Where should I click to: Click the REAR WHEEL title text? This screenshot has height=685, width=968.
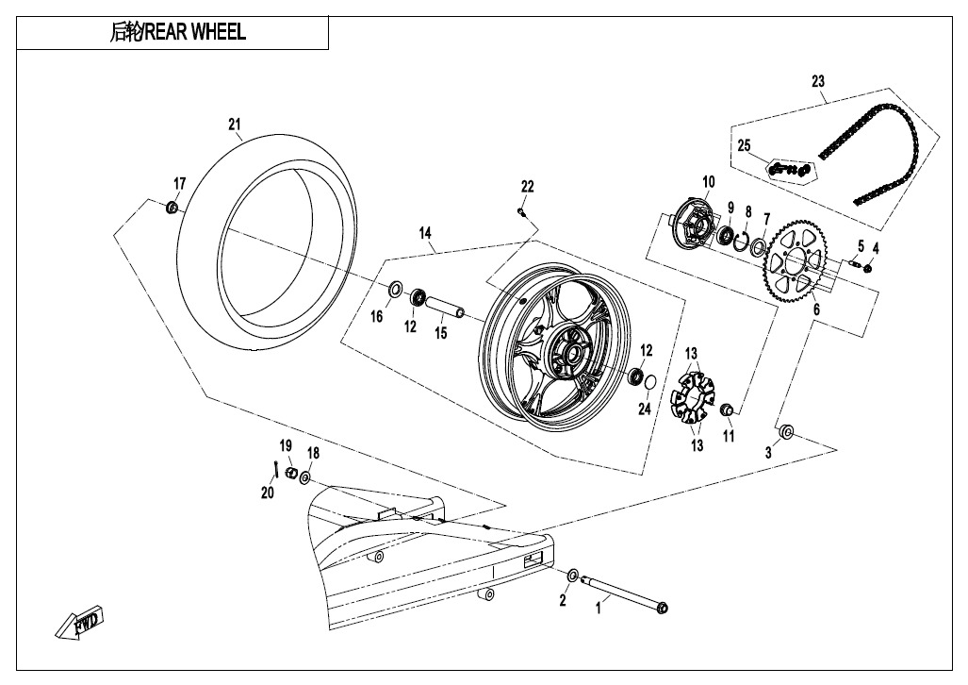coord(178,33)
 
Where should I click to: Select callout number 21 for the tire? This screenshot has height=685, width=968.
coord(235,124)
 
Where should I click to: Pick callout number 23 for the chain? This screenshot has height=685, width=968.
coord(817,81)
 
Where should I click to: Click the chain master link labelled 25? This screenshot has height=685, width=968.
coord(789,169)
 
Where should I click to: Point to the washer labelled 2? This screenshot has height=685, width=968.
coord(573,576)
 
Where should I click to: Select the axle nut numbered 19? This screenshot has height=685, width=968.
coord(290,472)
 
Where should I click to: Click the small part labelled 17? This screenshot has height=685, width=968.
coord(172,207)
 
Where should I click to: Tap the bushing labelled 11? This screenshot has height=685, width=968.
coord(727,410)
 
